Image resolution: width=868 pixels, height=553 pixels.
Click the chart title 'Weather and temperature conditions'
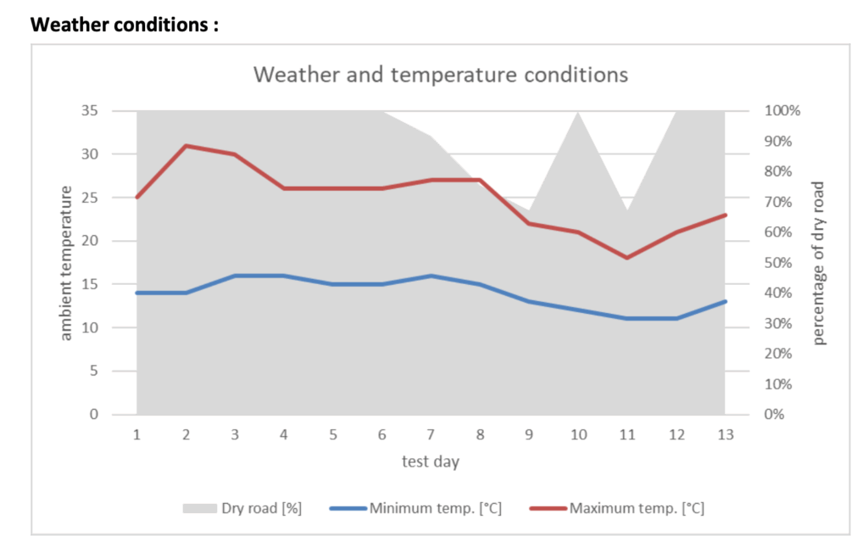(x=441, y=75)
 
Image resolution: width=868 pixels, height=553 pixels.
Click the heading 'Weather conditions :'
(x=125, y=25)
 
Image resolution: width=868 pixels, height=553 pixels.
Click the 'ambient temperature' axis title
(x=66, y=264)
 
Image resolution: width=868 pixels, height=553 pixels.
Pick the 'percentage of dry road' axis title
(x=819, y=264)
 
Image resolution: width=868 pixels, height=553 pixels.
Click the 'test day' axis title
(x=431, y=462)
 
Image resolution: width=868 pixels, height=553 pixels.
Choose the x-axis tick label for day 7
(x=431, y=435)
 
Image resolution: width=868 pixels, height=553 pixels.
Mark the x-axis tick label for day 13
(x=725, y=435)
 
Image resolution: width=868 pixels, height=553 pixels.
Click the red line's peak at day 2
(x=186, y=146)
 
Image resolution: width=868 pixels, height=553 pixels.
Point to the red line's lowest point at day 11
(x=626, y=258)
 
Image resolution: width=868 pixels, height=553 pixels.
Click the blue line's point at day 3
(x=235, y=276)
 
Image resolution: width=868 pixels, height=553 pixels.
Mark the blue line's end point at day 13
(x=725, y=301)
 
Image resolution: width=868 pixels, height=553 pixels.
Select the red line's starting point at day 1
(x=136, y=198)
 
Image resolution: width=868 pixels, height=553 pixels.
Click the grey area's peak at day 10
(x=577, y=112)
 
